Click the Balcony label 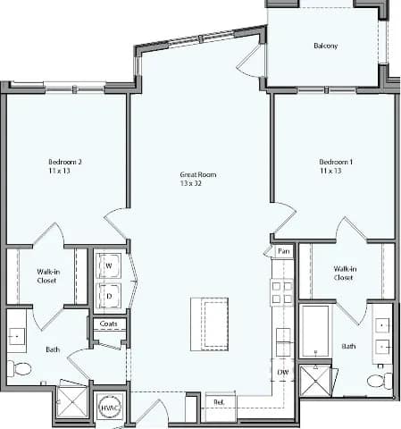tap(325, 46)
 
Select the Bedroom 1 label tap(336, 165)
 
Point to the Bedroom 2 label tap(65, 165)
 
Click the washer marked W tap(110, 265)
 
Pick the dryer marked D tap(110, 295)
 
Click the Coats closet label tap(108, 324)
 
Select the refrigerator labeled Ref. tap(220, 403)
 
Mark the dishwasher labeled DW tap(282, 372)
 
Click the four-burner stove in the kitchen tap(281, 292)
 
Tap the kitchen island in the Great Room tap(210, 324)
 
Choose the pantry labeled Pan tap(283, 253)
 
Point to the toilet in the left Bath tap(21, 368)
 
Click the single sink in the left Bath tap(17, 337)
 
